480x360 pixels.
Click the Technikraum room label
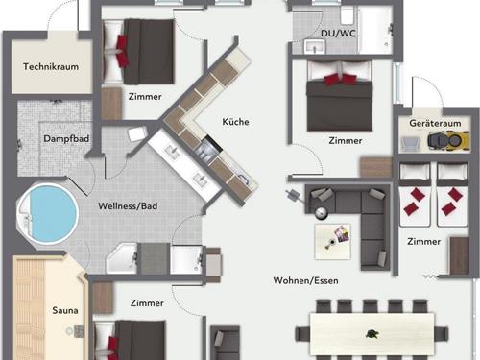(51, 66)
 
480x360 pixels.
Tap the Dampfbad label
(66, 139)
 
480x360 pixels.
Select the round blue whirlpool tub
(48, 213)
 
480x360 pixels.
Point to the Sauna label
(65, 310)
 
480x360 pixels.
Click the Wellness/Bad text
(128, 205)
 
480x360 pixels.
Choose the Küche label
(235, 122)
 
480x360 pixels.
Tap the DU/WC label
(338, 34)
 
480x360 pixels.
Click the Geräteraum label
(435, 123)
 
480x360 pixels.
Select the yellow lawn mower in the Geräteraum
(449, 141)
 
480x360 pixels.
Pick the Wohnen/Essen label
(305, 280)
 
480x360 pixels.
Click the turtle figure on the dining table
(372, 334)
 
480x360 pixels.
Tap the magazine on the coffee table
(341, 233)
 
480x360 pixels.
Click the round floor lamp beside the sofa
(321, 213)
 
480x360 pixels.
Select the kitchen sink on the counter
(243, 180)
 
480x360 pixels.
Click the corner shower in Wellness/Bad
(122, 258)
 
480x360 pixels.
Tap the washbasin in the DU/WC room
(315, 47)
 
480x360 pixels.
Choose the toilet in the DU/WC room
(347, 15)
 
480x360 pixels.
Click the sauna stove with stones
(80, 331)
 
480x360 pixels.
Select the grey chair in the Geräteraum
(411, 144)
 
